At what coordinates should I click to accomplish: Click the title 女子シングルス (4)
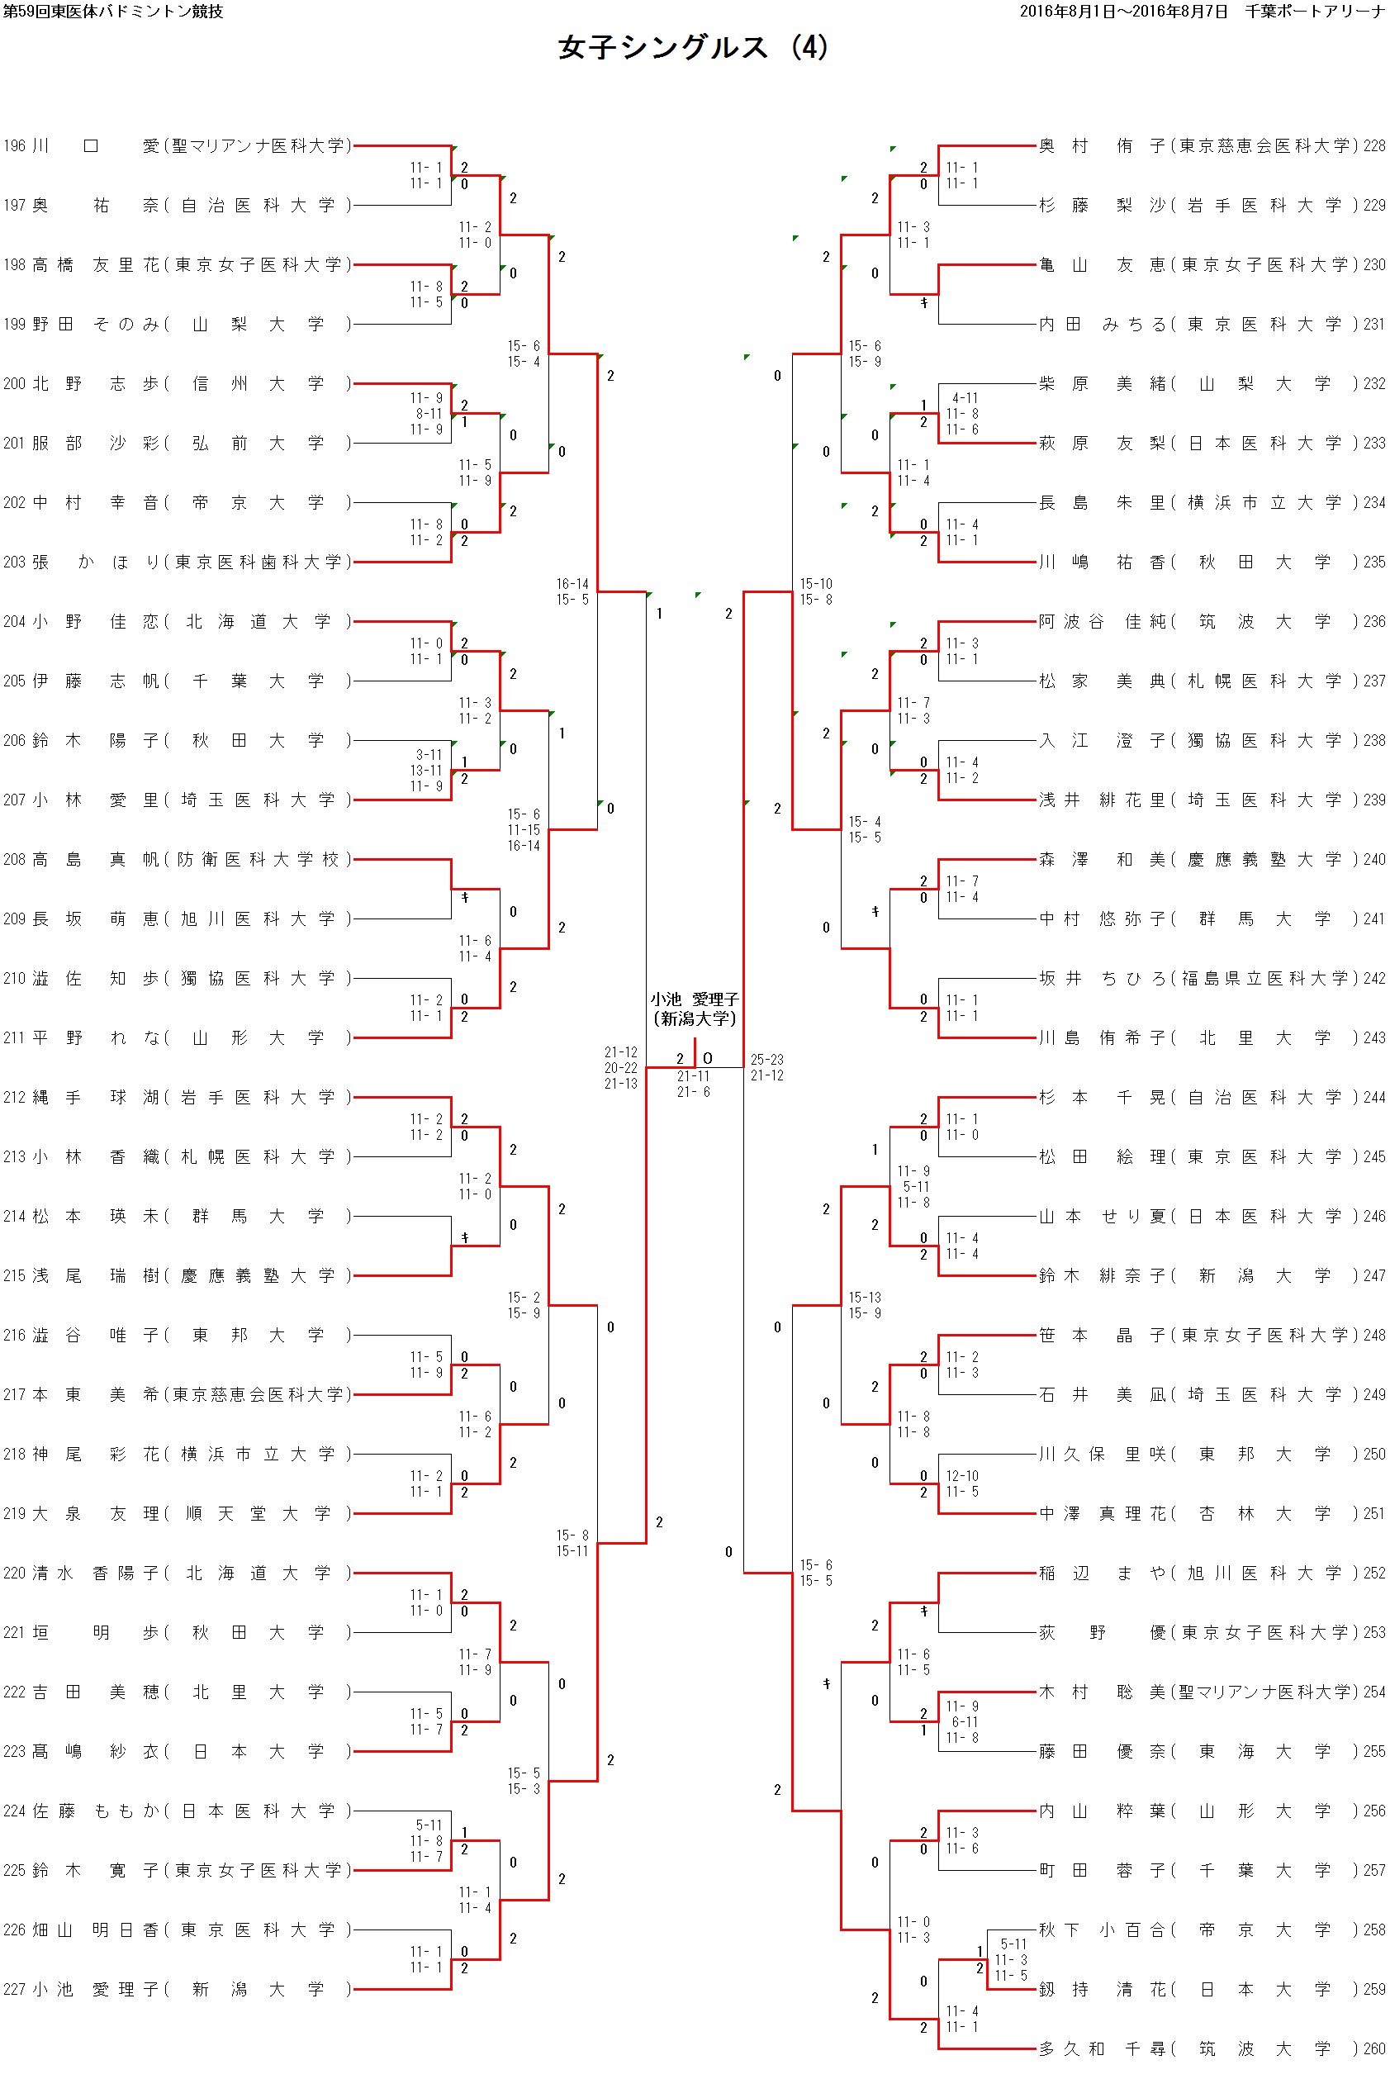pyautogui.click(x=692, y=48)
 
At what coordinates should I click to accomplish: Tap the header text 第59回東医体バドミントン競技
pyautogui.click(x=112, y=12)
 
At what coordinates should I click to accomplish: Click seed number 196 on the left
pyautogui.click(x=14, y=145)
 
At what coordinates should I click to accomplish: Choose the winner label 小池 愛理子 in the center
pyautogui.click(x=694, y=1009)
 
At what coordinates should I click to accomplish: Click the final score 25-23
pyautogui.click(x=766, y=1060)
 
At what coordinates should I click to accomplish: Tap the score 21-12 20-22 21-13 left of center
pyautogui.click(x=620, y=1067)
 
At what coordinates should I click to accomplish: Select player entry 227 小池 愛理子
pyautogui.click(x=178, y=1989)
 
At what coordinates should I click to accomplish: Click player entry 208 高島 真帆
pyautogui.click(x=178, y=859)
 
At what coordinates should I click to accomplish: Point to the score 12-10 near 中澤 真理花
pyautogui.click(x=962, y=1476)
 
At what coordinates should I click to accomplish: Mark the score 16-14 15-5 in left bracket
pyautogui.click(x=572, y=591)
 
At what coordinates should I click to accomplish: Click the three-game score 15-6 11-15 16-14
pyautogui.click(x=524, y=830)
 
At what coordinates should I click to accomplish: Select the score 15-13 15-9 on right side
pyautogui.click(x=865, y=1305)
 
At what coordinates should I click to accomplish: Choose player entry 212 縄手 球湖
pyautogui.click(x=178, y=1098)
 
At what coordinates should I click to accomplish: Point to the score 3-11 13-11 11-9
pyautogui.click(x=428, y=771)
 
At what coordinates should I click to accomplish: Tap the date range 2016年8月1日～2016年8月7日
pyautogui.click(x=1123, y=12)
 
